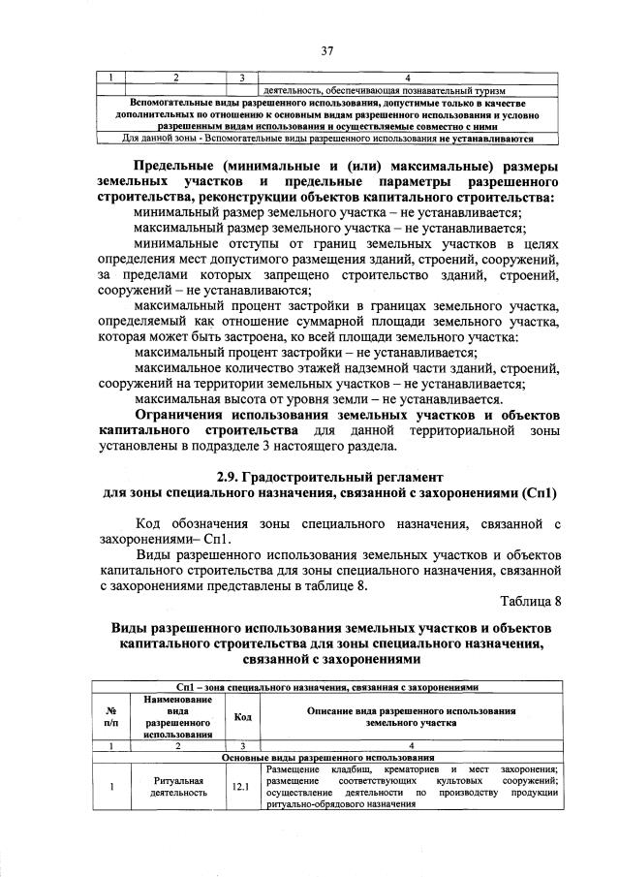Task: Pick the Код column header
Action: (x=240, y=717)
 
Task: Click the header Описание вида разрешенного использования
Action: (x=411, y=717)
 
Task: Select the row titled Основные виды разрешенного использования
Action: (x=329, y=757)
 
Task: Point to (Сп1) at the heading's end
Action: (x=538, y=494)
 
